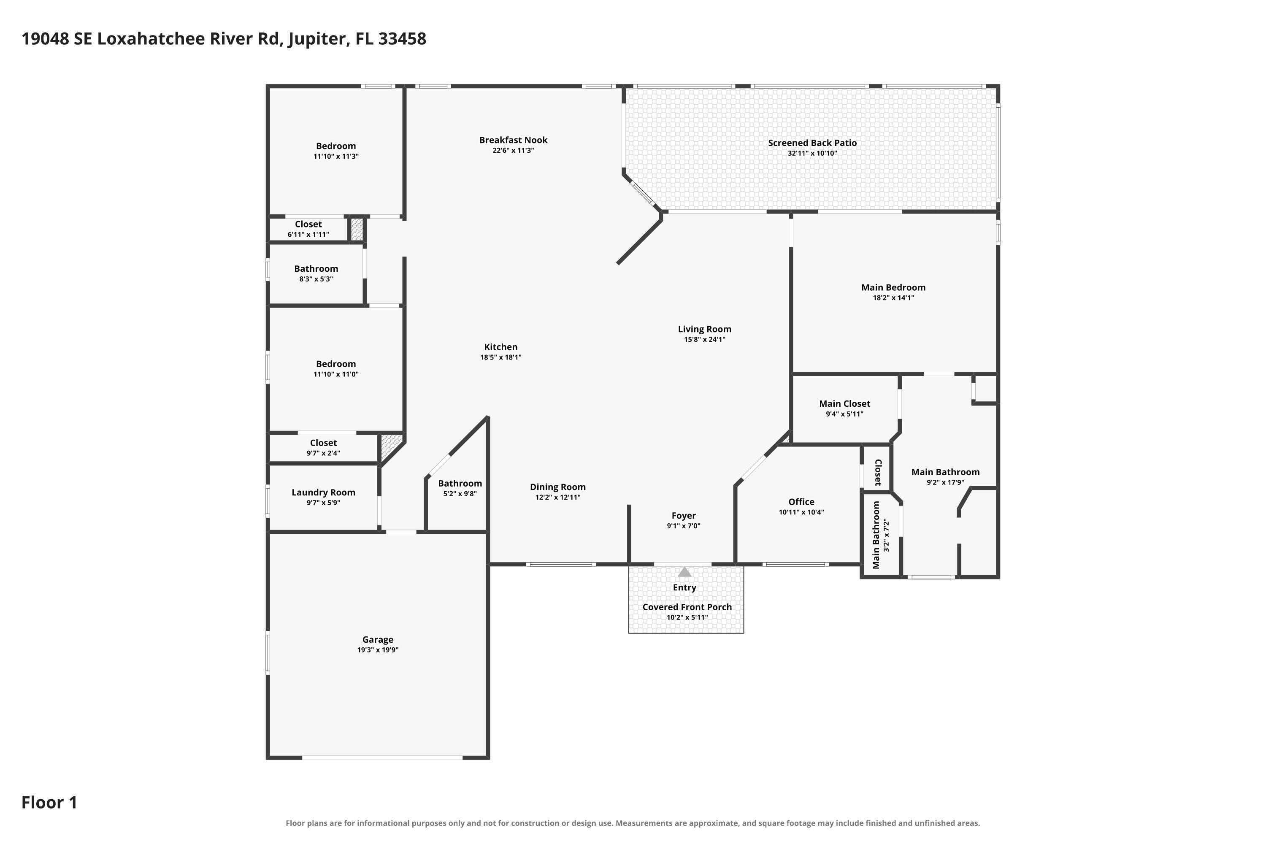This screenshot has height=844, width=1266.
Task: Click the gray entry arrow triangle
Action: (684, 572)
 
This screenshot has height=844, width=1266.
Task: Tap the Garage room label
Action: (377, 639)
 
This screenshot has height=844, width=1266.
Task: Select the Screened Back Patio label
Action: (812, 143)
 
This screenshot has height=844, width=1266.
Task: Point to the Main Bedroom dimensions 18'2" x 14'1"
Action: (893, 298)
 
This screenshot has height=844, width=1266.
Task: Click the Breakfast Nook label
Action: (513, 140)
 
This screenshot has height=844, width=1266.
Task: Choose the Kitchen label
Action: (500, 347)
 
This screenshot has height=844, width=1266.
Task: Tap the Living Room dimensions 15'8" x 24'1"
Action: (705, 339)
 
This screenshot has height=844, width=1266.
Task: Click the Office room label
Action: (801, 502)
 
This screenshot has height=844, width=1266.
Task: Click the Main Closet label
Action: (844, 404)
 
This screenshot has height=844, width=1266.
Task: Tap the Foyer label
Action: (684, 516)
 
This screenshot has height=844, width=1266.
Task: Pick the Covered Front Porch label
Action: (687, 607)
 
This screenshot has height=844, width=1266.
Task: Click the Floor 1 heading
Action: (49, 803)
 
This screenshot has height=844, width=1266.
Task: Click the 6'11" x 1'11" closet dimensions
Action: (308, 234)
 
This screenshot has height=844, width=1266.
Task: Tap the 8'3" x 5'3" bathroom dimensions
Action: (316, 279)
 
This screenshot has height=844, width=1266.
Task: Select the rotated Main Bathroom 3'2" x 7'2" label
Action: (881, 535)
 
